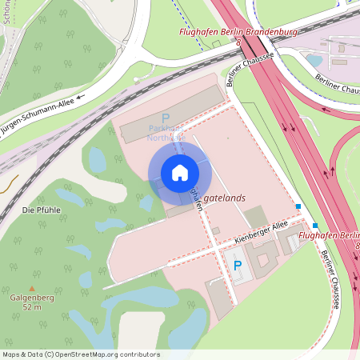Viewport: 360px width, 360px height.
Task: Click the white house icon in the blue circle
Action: click(180, 172)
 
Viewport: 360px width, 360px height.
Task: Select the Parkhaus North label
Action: click(166, 132)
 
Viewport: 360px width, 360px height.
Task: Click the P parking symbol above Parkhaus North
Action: click(166, 118)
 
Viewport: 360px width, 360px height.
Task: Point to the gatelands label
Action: click(224, 197)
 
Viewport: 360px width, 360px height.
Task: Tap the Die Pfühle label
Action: click(41, 210)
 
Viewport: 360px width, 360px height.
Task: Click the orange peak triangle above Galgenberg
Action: click(32, 288)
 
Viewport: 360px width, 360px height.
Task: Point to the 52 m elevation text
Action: click(32, 307)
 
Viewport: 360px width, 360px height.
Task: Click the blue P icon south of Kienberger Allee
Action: click(237, 265)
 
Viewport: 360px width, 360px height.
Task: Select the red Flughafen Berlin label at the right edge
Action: click(328, 235)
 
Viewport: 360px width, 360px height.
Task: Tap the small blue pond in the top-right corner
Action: click(314, 60)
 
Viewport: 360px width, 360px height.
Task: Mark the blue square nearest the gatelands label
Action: click(298, 206)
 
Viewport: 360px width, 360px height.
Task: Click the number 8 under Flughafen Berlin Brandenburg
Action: click(238, 41)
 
